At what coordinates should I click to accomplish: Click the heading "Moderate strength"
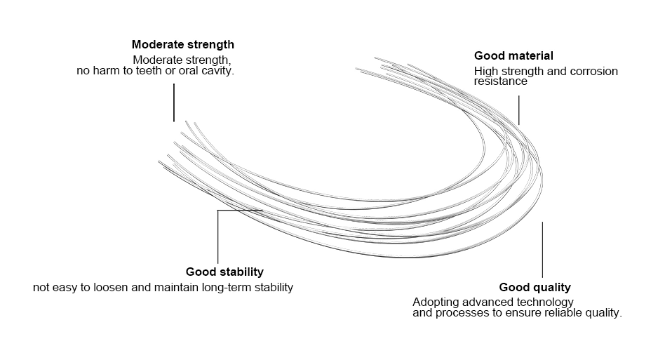point(183,45)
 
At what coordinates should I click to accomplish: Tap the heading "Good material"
point(513,55)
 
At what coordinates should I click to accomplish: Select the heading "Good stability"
point(224,272)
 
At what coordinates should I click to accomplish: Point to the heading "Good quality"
point(535,287)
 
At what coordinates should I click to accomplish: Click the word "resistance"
point(501,81)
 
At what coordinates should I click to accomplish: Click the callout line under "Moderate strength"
point(174,102)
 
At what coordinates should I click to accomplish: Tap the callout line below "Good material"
point(518,109)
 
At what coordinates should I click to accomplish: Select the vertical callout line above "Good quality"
point(542,250)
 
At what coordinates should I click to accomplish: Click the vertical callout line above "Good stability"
point(217,237)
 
